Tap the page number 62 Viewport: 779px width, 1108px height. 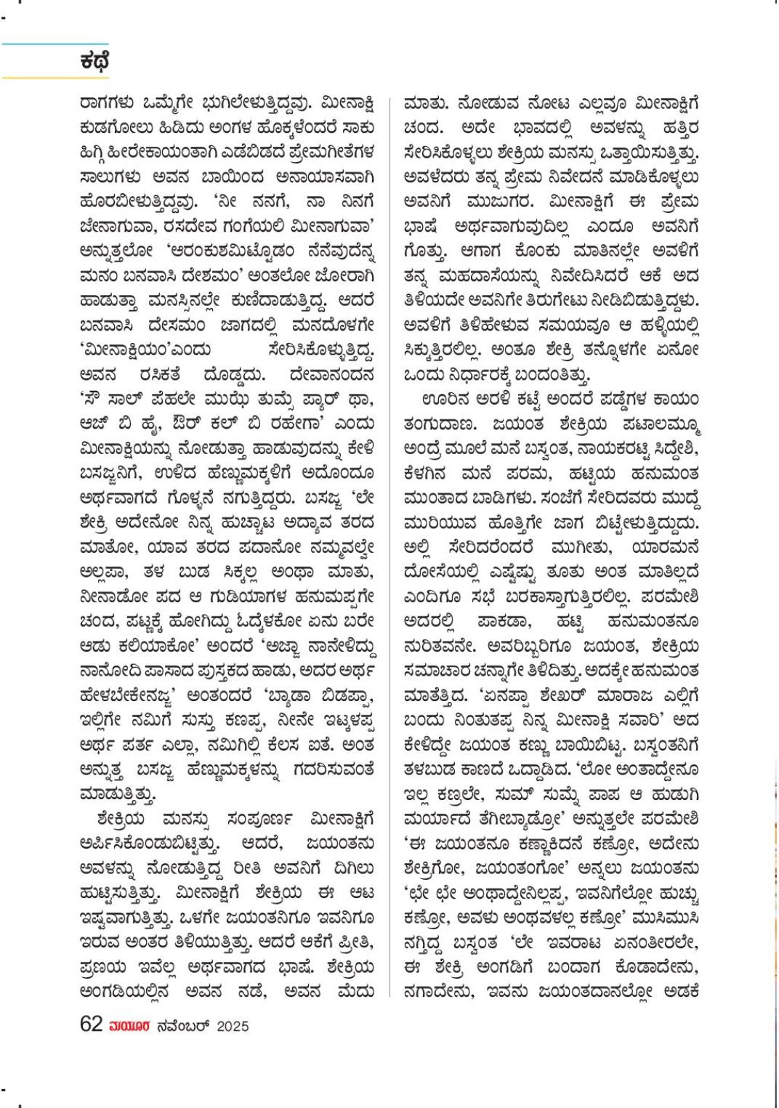click(91, 1024)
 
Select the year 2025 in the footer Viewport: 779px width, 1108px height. click(233, 1025)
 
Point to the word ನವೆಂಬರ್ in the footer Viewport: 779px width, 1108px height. click(183, 1025)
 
